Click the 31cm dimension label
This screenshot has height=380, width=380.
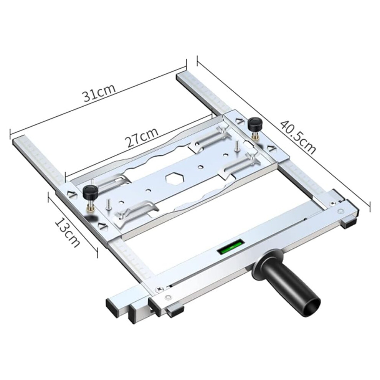click(99, 93)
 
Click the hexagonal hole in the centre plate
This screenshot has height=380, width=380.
click(175, 178)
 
